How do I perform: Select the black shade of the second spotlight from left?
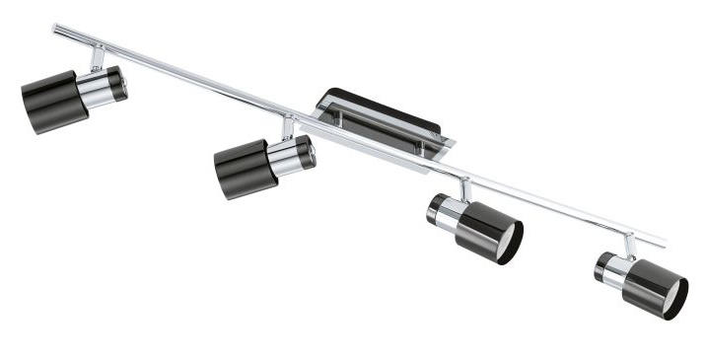tap(239, 169)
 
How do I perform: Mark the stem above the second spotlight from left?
tap(287, 127)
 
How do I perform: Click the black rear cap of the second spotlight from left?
tap(307, 152)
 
